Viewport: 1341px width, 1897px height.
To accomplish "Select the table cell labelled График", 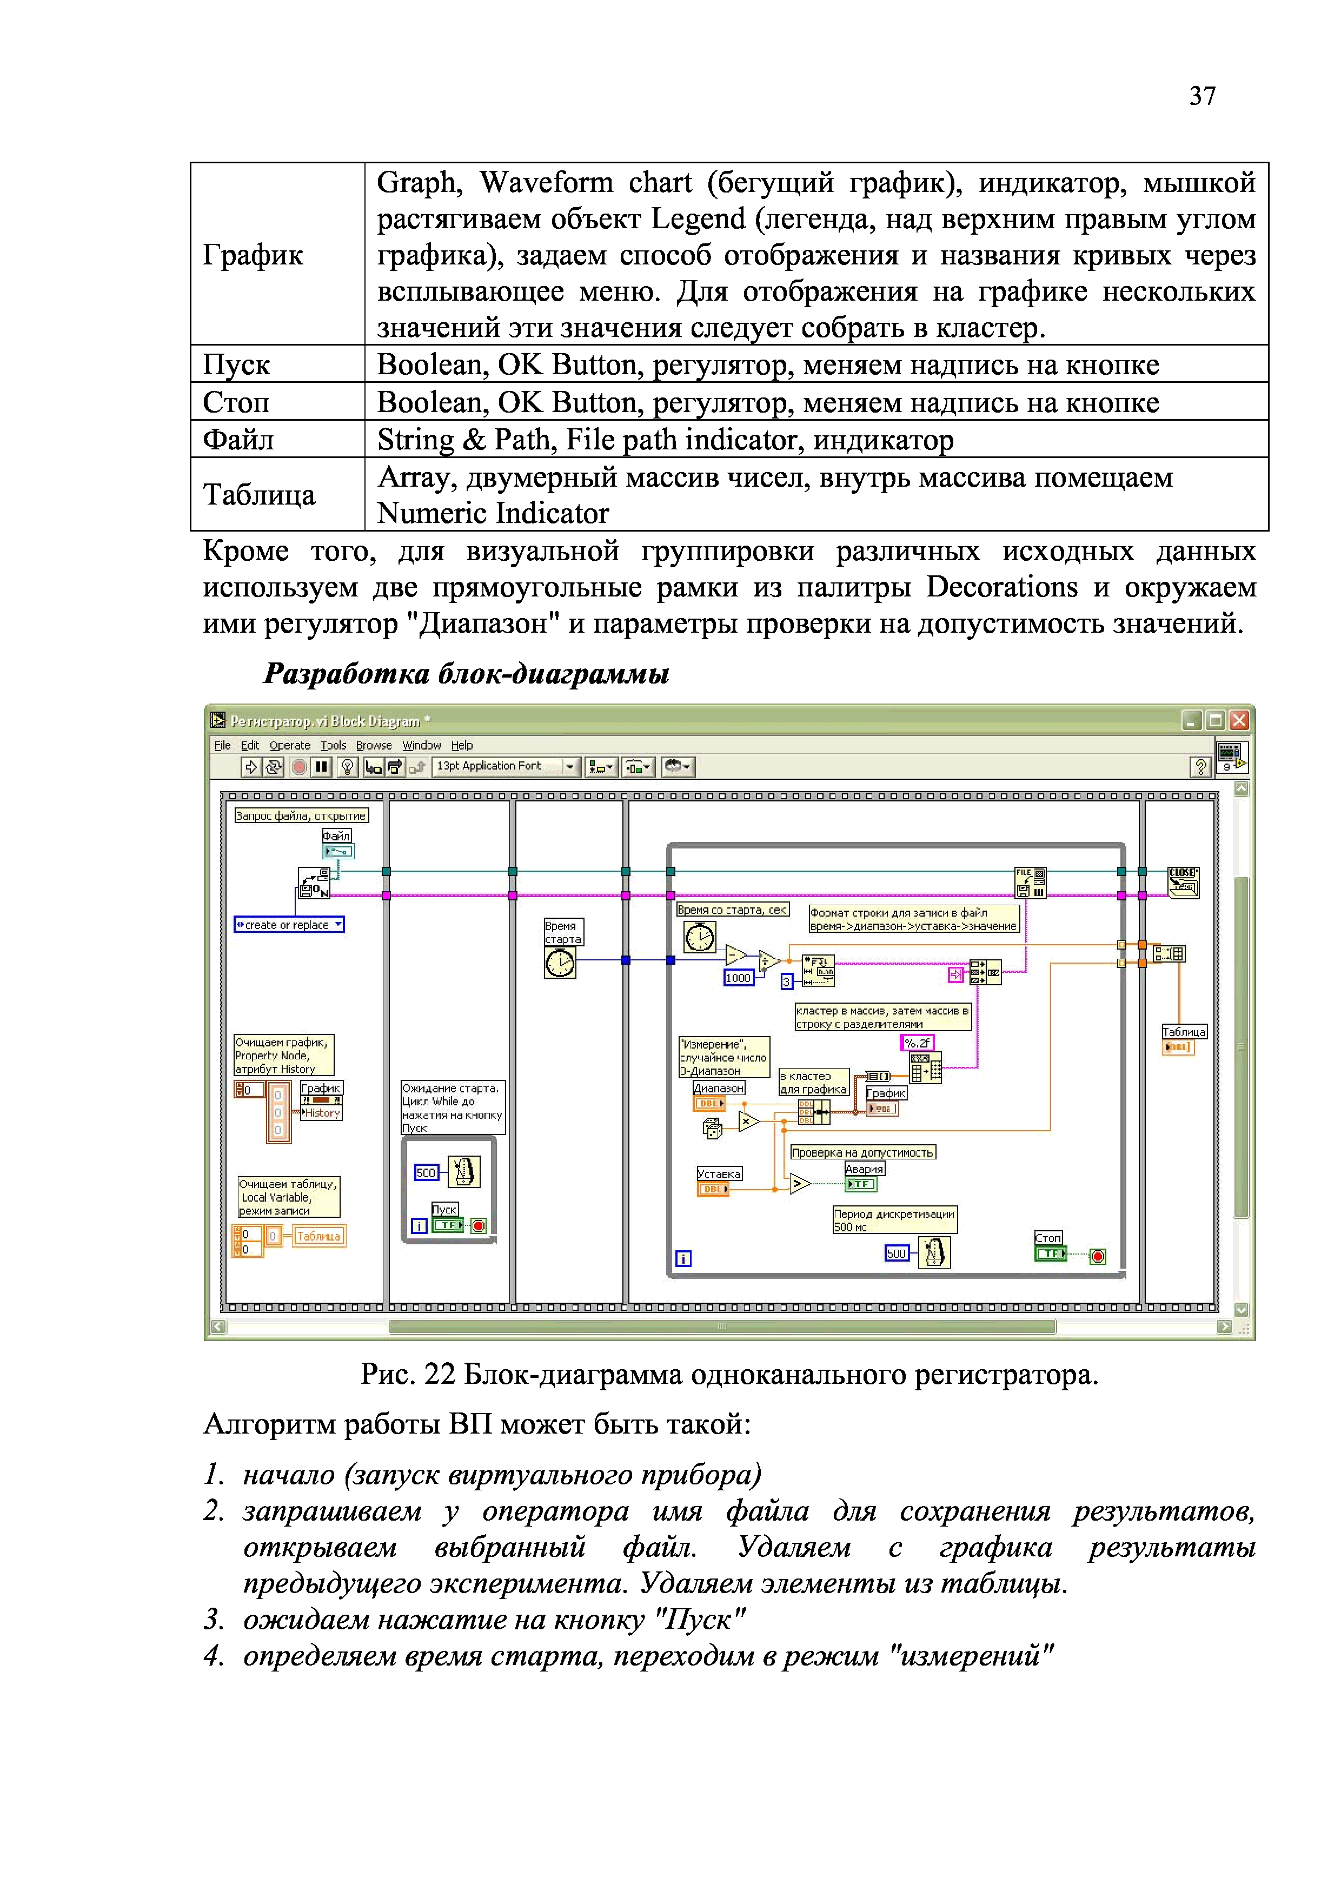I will click(x=253, y=255).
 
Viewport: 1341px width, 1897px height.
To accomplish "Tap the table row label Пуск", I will click(x=237, y=364).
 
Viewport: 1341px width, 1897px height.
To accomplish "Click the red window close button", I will click(x=1239, y=720).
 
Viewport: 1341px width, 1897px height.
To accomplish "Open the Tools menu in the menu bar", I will click(x=333, y=745).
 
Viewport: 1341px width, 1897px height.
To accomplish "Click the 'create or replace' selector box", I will click(x=288, y=925).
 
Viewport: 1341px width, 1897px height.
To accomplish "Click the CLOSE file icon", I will click(x=1183, y=883).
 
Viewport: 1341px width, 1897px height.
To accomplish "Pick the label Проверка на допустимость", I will click(x=862, y=1152).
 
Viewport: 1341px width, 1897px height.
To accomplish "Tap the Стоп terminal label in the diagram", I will click(x=1048, y=1238).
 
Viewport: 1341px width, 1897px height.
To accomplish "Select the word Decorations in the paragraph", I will click(x=1001, y=587).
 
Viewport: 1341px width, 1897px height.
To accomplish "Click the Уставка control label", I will click(x=719, y=1174).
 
